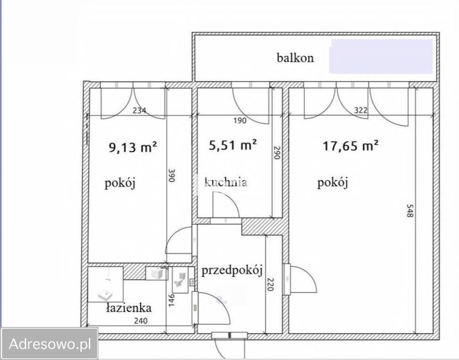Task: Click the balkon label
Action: [295, 58]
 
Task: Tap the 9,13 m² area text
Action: [133, 147]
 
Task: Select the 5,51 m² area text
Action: [234, 144]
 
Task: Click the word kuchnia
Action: [226, 182]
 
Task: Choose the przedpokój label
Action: [232, 271]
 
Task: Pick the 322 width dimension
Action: [361, 110]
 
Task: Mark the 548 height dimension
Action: [409, 211]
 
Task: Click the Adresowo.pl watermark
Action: [50, 343]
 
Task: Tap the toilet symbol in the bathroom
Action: [181, 279]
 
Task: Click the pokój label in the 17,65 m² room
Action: [332, 183]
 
